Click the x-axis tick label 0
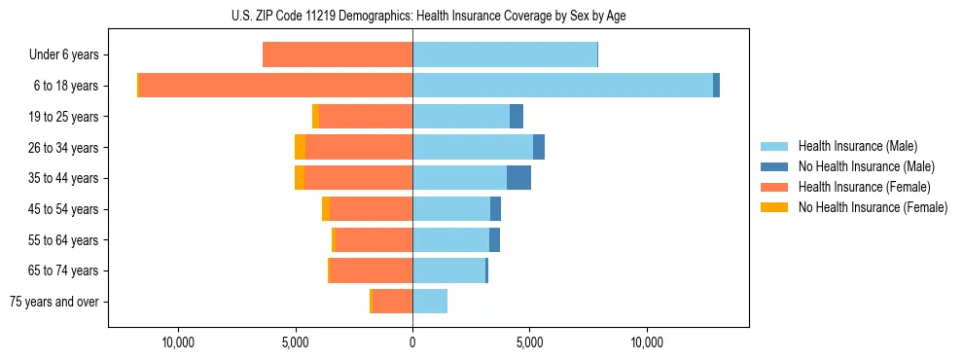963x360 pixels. pyautogui.click(x=412, y=343)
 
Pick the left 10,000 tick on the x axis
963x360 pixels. pyautogui.click(x=179, y=343)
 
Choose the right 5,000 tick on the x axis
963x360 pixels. pyautogui.click(x=529, y=343)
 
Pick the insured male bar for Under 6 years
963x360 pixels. pyautogui.click(x=505, y=55)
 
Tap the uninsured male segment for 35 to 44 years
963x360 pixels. pyautogui.click(x=518, y=178)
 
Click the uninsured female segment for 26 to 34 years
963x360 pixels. pyautogui.click(x=300, y=147)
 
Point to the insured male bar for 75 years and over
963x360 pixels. pyautogui.click(x=430, y=302)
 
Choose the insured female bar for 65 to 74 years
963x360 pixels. pyautogui.click(x=372, y=270)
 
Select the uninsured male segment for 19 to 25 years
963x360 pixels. pyautogui.click(x=517, y=117)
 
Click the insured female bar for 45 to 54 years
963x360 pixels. pyautogui.click(x=372, y=209)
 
